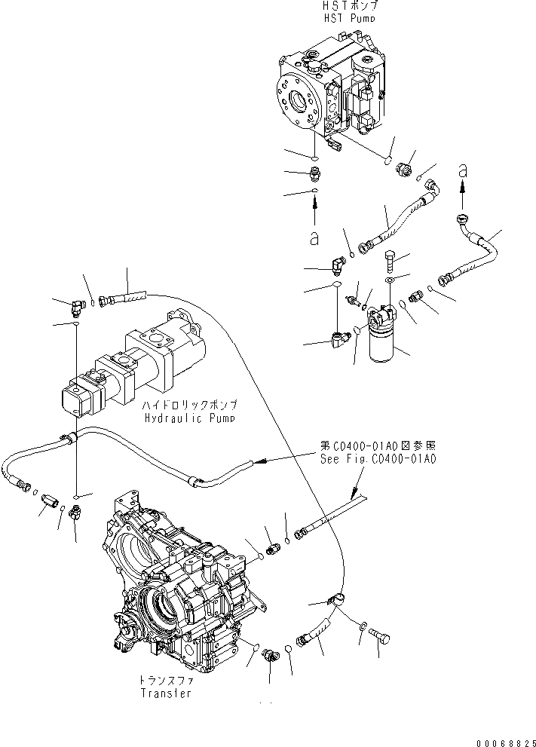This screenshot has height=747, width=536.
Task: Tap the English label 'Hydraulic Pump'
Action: (188, 418)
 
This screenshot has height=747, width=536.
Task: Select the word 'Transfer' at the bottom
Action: (165, 693)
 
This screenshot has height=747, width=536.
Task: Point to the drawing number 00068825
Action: (506, 741)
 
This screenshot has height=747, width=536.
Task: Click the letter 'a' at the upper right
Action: (464, 173)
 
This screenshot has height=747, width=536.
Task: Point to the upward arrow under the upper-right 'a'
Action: (464, 197)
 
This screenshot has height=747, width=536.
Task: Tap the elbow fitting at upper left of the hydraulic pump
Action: (76, 305)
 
